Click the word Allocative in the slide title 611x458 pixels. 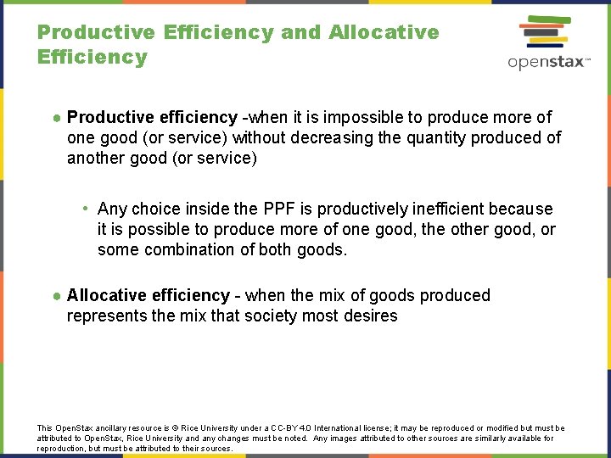click(x=384, y=32)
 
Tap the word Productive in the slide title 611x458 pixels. click(x=96, y=32)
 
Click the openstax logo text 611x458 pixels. click(x=548, y=63)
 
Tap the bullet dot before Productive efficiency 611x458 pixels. click(x=56, y=117)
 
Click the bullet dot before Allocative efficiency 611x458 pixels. click(x=56, y=296)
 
